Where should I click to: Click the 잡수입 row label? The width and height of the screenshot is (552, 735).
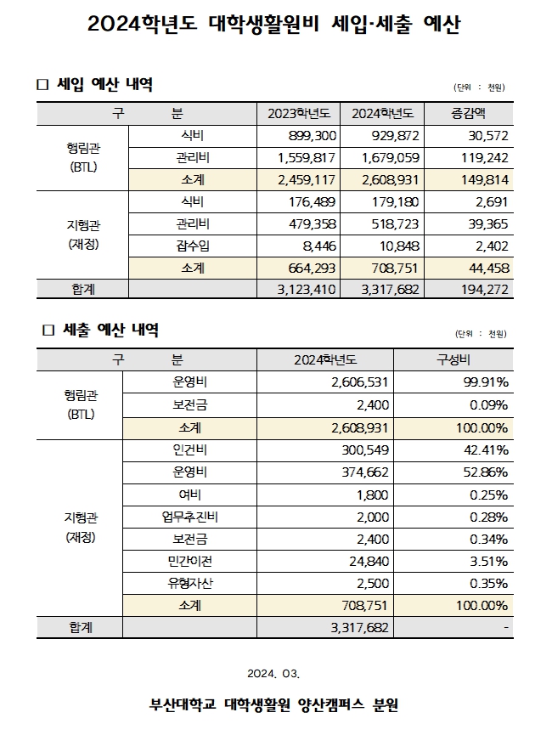point(191,246)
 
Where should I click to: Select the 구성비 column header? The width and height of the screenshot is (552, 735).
point(453,360)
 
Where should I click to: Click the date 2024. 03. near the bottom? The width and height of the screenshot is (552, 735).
point(274,674)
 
